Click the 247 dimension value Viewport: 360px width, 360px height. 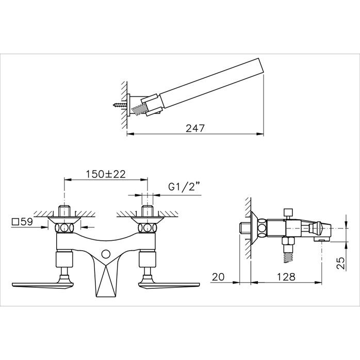coord(194,128)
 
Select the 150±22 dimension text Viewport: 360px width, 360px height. coord(106,174)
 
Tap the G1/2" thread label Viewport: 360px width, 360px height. coord(184,187)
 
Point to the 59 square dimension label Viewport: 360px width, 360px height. coord(22,222)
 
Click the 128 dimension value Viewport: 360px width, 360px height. coord(286,277)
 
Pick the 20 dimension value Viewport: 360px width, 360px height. coord(218,277)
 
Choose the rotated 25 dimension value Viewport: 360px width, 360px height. coord(341,263)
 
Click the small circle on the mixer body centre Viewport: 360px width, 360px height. coord(106,254)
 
